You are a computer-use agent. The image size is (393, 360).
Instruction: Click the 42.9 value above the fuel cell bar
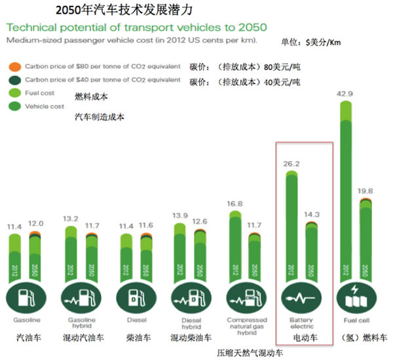point(345,94)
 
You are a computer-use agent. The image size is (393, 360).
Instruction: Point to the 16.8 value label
point(235,204)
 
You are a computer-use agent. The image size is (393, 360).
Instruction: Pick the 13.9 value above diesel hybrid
point(178,215)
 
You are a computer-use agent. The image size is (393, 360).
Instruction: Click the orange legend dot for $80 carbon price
point(13,67)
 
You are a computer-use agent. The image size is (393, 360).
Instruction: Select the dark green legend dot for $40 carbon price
point(13,81)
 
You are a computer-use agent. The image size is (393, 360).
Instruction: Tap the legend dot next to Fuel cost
point(13,94)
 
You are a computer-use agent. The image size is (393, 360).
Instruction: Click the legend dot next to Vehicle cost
point(13,105)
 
